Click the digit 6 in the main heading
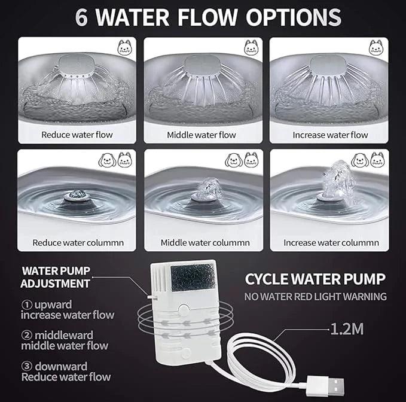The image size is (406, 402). coord(81,17)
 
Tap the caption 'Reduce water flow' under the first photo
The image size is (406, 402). coord(77,135)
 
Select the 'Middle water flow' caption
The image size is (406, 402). coord(201,135)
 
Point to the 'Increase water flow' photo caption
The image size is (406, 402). coord(330,135)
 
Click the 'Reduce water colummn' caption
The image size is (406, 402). coord(78,243)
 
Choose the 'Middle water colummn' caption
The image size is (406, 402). coord(205,243)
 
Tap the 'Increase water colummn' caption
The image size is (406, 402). coord(331,243)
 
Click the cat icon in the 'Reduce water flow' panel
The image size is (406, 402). coord(125,47)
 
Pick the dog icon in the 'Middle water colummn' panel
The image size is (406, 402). coord(234,160)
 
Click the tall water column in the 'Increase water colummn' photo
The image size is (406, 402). coord(336,179)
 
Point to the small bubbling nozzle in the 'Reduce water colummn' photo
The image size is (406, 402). coord(76,195)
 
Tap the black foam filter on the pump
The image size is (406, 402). coord(193,277)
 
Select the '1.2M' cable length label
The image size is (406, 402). coord(347,329)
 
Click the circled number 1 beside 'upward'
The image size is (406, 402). coord(27,305)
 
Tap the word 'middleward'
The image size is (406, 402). coord(64,335)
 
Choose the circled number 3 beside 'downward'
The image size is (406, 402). coord(27,366)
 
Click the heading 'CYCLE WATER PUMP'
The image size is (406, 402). coord(315,279)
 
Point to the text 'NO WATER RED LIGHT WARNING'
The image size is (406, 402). coord(315,297)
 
